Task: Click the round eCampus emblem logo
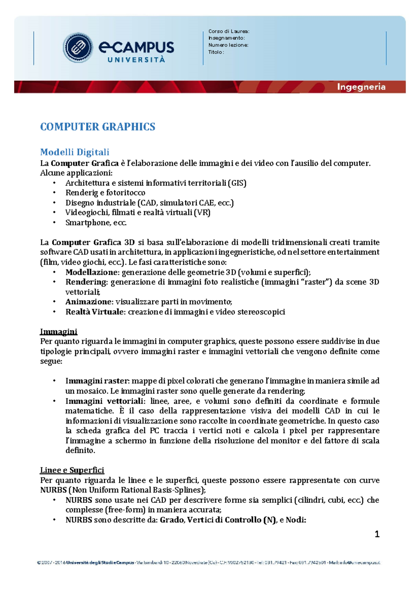[78, 48]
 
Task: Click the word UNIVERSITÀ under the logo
[136, 60]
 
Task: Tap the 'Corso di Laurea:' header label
[229, 31]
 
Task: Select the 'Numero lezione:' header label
[228, 45]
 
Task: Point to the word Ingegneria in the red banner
[361, 87]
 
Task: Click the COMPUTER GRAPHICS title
[98, 126]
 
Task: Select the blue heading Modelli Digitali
[75, 152]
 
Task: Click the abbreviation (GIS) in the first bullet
[237, 183]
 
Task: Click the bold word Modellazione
[92, 272]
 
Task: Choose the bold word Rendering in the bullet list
[86, 282]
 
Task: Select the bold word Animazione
[89, 302]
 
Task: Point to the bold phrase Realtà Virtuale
[95, 312]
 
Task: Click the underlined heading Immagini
[59, 331]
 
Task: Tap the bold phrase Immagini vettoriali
[104, 401]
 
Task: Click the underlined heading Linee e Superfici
[72, 470]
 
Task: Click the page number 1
[377, 534]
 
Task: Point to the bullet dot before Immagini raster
[54, 381]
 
